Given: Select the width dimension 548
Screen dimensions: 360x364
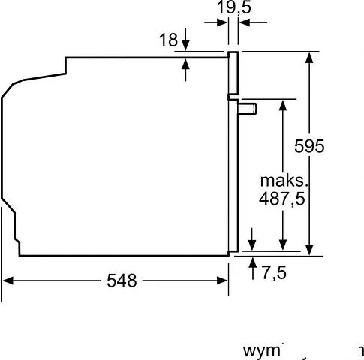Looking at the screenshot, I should (122, 281).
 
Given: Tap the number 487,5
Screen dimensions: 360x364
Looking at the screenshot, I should (286, 202).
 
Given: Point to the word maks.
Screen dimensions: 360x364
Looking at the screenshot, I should (284, 181).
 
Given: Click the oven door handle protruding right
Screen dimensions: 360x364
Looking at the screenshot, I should (248, 109).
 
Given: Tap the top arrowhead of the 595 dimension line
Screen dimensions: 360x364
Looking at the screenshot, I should (308, 58).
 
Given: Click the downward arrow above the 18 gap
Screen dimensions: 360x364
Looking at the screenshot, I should (186, 46).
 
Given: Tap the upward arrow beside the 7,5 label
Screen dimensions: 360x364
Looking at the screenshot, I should (252, 262).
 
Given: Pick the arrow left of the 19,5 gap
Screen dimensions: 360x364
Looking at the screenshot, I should (224, 23).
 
